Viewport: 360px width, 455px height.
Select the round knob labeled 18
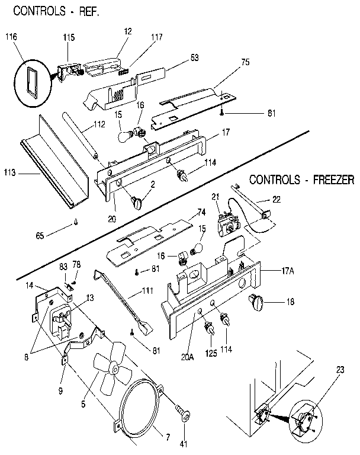tap(256, 303)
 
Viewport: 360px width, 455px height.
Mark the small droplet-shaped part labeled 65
tap(76, 223)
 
